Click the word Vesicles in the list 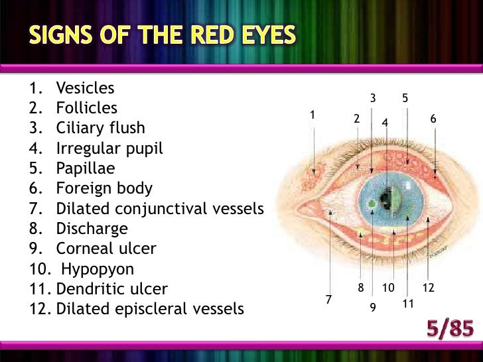click(x=86, y=88)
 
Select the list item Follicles click(x=87, y=108)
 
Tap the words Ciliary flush click(x=100, y=128)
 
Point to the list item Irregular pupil click(x=109, y=149)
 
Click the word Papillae click(x=86, y=168)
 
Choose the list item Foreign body click(x=104, y=188)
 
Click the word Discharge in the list click(x=92, y=229)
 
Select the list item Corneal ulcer click(x=106, y=249)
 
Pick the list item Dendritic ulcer click(x=112, y=289)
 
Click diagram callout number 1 click(x=312, y=115)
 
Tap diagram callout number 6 click(x=433, y=119)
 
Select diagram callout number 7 click(x=328, y=300)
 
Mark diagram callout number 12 click(x=428, y=288)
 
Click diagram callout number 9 click(x=373, y=308)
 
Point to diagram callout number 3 click(x=373, y=98)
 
